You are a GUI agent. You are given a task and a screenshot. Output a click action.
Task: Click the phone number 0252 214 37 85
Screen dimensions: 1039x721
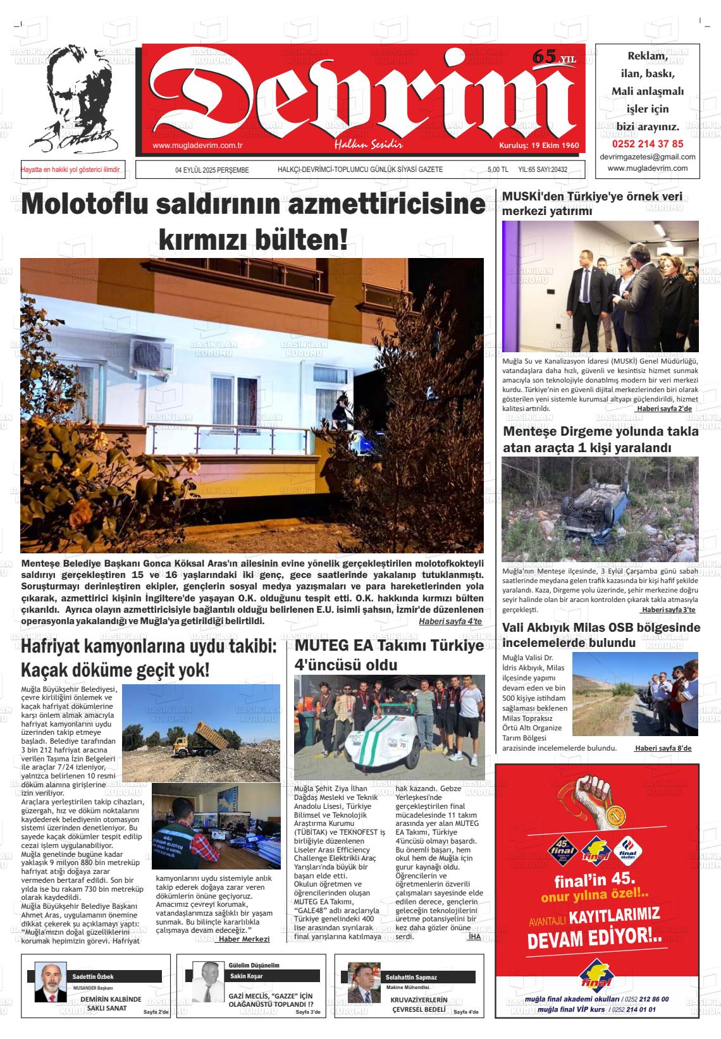point(647,144)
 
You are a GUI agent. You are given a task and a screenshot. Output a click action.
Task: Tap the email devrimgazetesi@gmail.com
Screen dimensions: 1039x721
point(647,157)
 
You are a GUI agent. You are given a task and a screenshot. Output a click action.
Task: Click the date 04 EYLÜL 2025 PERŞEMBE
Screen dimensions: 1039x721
point(212,170)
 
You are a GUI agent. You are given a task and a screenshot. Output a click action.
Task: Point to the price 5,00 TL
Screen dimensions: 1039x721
point(498,170)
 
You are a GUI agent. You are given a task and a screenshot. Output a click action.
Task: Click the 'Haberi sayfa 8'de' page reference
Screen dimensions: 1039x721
point(663,748)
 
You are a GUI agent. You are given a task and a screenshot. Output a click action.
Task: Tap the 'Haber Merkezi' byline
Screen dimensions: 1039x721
point(243,939)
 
